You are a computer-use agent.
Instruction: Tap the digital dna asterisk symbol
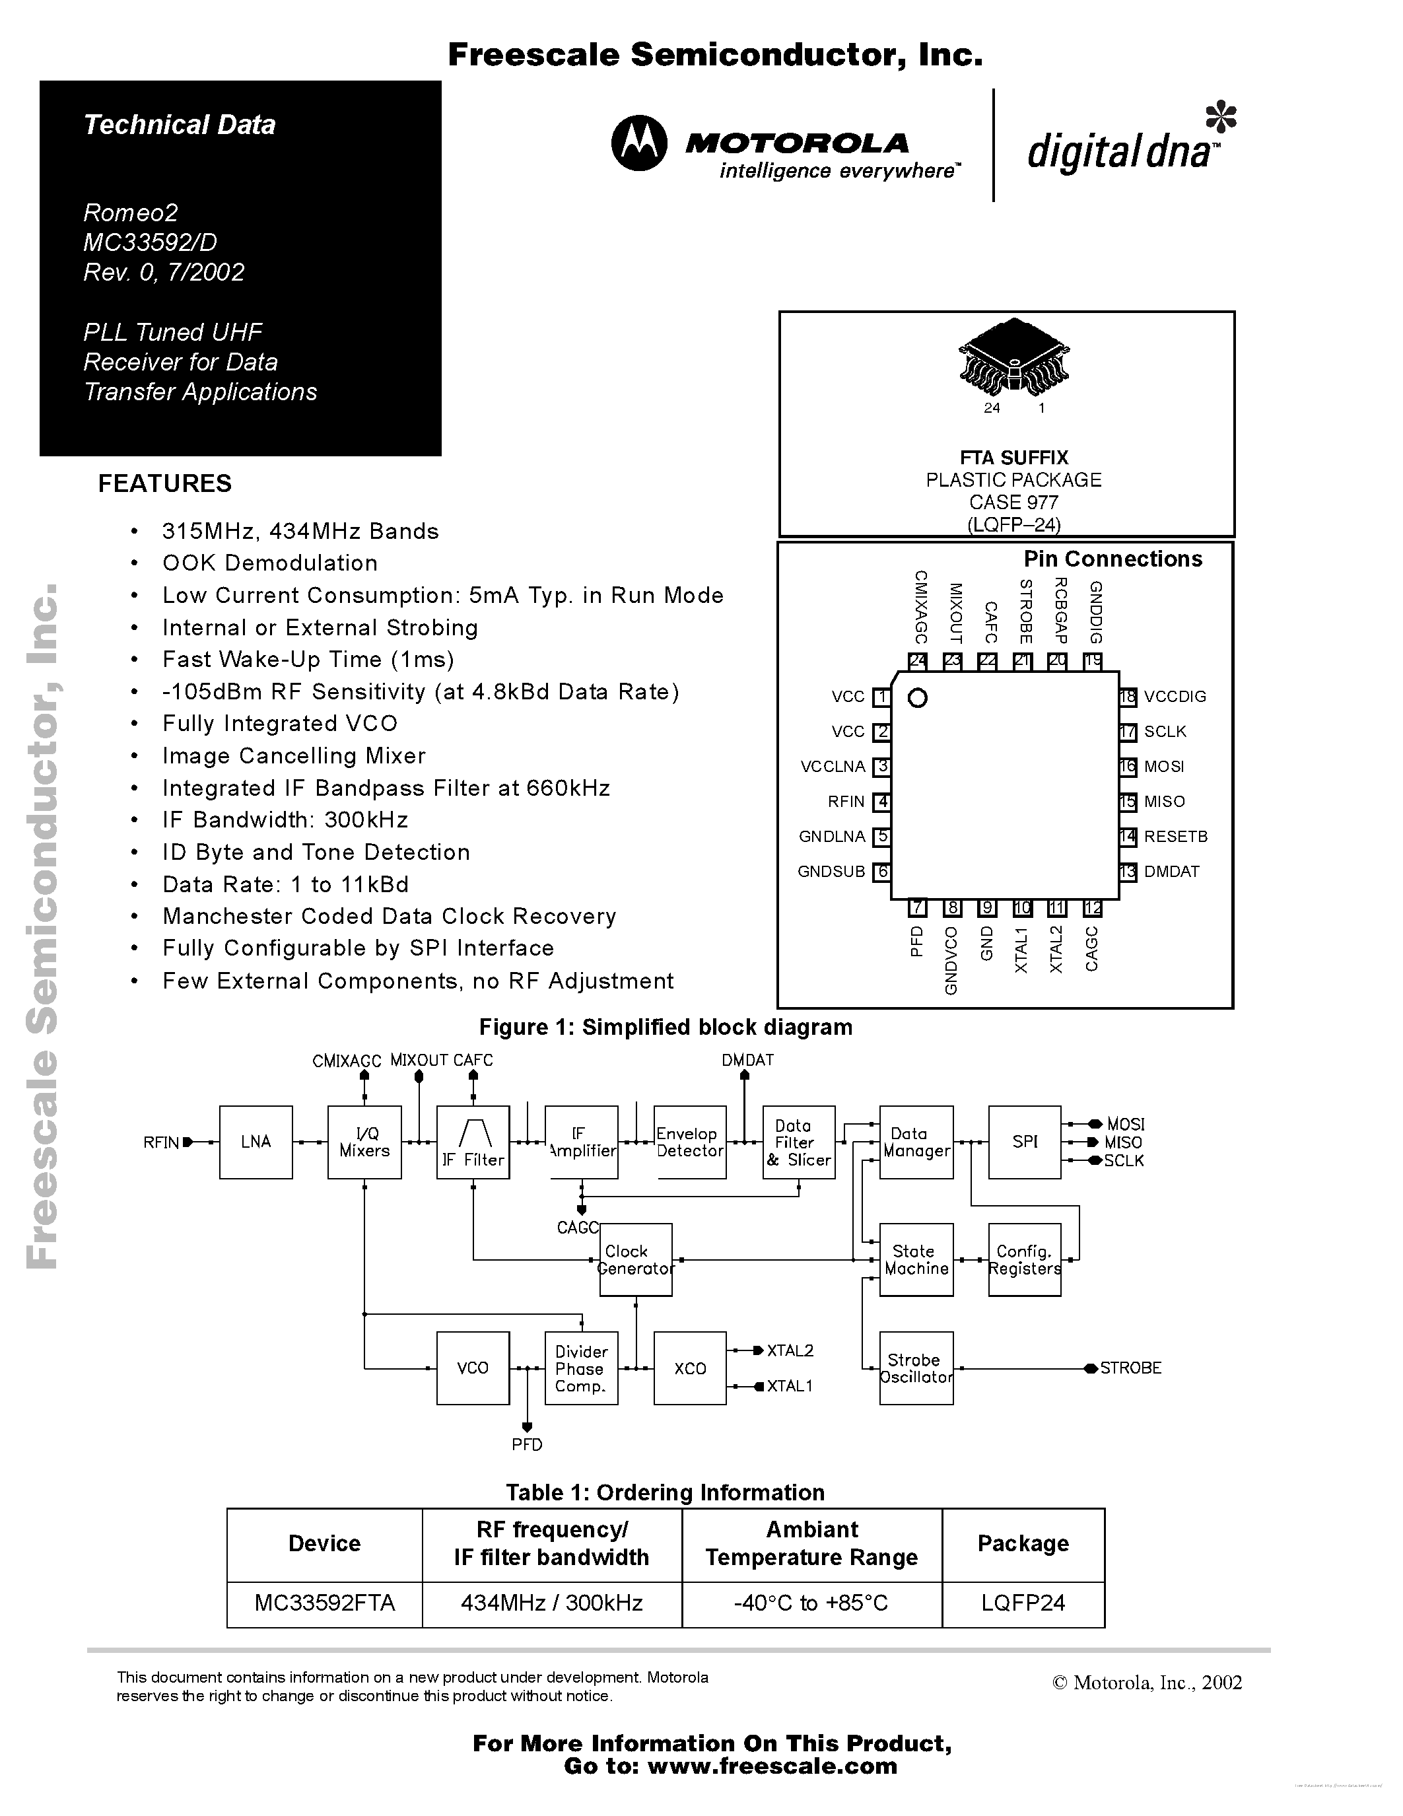(1221, 118)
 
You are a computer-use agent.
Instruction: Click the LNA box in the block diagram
(256, 1142)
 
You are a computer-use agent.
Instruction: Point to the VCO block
(473, 1368)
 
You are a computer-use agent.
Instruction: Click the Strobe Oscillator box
(916, 1368)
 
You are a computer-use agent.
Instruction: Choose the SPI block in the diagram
(1024, 1142)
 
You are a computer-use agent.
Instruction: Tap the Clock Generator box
(636, 1260)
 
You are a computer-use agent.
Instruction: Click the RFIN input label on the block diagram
(161, 1142)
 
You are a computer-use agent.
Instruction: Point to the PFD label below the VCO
(527, 1444)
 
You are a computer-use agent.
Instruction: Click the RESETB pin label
(1175, 837)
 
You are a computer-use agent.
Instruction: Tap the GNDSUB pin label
(831, 872)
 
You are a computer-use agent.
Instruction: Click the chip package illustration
(1013, 357)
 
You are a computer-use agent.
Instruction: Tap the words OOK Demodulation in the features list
(269, 563)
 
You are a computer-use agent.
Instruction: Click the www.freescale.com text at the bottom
(772, 1766)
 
